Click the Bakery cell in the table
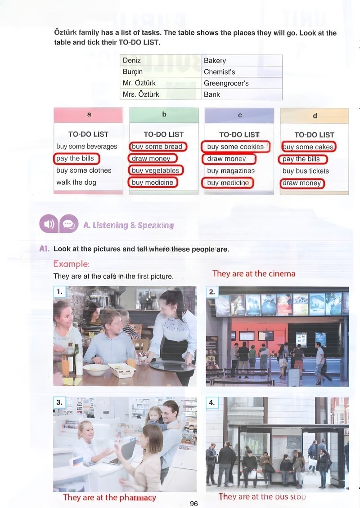point(242,61)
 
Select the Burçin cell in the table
point(161,71)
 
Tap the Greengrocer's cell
point(242,83)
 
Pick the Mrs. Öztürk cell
point(161,94)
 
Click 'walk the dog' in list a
point(76,183)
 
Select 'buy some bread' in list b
point(157,147)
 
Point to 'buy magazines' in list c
point(231,171)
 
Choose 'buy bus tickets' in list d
point(306,171)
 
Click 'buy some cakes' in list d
point(308,147)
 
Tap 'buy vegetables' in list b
point(155,170)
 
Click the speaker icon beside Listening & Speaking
point(49,223)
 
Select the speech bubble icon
point(69,223)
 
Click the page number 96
point(194,504)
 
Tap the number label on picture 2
point(212,292)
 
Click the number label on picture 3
point(59,402)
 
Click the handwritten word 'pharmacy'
point(138,498)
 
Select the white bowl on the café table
point(96,370)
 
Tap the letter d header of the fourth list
point(315,116)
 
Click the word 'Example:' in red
point(72,264)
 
